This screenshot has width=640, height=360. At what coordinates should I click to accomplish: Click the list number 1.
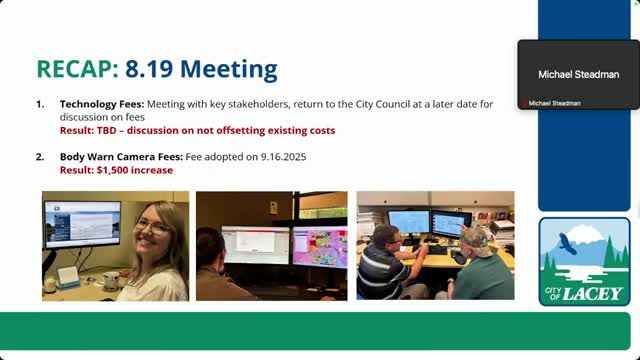(x=40, y=104)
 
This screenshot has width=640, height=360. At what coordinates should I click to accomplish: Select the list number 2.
(x=40, y=157)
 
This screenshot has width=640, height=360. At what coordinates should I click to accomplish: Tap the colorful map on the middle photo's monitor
(x=320, y=248)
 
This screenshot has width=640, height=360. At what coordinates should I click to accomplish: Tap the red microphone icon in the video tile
(x=522, y=104)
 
